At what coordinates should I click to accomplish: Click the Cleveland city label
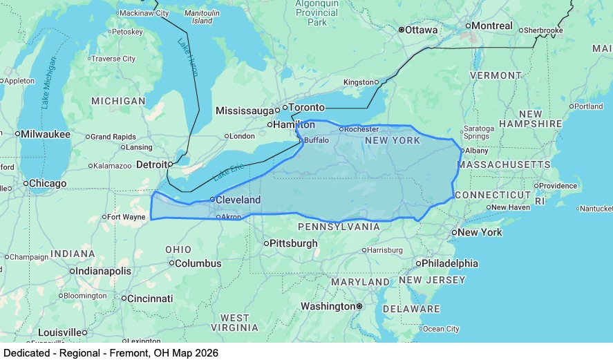coord(238,200)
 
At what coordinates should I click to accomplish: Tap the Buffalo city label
coord(317,140)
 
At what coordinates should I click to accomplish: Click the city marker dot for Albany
coord(462,150)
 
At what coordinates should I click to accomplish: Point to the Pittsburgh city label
coord(294,243)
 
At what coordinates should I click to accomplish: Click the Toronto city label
coord(306,108)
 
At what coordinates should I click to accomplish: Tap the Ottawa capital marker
coord(401,30)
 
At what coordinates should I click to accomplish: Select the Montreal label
coord(493,26)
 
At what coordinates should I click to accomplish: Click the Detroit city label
coord(151,164)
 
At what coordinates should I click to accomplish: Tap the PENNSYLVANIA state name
coord(339,227)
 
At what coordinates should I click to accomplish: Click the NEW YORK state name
coord(392,140)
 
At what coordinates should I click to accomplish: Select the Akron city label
coord(231,217)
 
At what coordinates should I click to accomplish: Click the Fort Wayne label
coord(127,217)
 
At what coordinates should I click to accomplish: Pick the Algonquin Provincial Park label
coord(317,13)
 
